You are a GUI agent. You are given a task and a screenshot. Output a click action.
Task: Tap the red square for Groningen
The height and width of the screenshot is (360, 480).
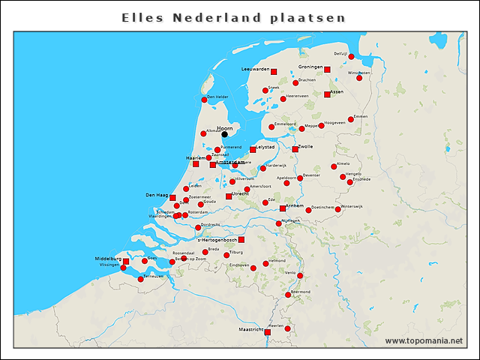click(327, 70)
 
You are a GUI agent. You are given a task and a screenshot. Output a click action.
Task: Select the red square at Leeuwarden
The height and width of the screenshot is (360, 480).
click(273, 71)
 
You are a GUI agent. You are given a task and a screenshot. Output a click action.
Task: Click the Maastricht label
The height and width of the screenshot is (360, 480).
click(250, 329)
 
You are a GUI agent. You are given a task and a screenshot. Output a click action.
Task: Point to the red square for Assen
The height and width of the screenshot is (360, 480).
click(327, 94)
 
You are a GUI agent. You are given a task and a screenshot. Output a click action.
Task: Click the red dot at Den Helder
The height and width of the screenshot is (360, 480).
click(204, 100)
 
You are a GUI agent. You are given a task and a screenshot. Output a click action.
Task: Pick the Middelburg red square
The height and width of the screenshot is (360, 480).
click(126, 261)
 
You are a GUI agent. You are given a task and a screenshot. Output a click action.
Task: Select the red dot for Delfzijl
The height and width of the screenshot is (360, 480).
click(351, 56)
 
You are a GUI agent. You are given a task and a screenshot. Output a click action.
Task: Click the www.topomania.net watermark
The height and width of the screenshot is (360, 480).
click(424, 341)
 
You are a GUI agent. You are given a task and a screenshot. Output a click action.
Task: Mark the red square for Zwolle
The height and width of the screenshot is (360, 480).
click(295, 149)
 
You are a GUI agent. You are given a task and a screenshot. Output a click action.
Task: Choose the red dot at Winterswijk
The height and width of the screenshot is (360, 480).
click(338, 209)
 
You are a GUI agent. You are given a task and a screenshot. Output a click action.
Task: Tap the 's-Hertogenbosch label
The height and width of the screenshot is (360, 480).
click(217, 240)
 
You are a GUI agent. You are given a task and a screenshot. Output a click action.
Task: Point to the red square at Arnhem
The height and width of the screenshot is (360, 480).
click(283, 208)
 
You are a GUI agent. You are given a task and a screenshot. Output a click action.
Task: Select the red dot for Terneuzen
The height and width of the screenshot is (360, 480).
click(140, 278)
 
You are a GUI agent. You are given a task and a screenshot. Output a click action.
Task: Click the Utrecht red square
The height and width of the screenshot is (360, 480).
click(229, 196)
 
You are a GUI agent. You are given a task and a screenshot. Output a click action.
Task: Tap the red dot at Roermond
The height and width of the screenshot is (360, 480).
click(288, 295)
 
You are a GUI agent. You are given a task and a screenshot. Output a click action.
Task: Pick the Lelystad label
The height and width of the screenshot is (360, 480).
click(265, 148)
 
